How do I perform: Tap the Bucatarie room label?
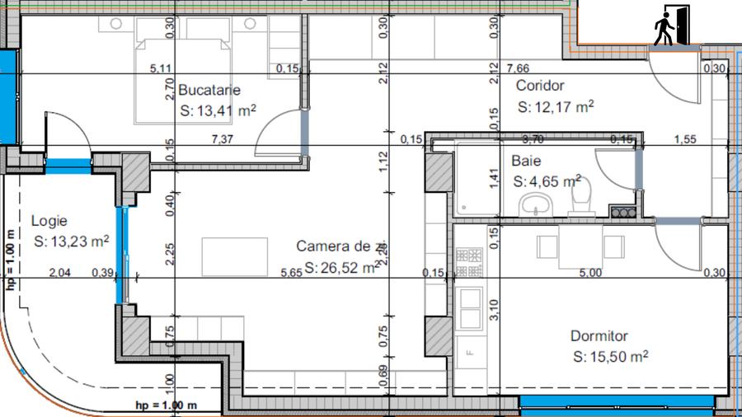pyautogui.click(x=209, y=90)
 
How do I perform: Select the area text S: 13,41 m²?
pyautogui.click(x=217, y=111)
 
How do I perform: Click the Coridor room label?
pyautogui.click(x=540, y=86)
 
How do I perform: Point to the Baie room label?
pyautogui.click(x=526, y=161)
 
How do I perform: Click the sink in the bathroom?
pyautogui.click(x=537, y=204)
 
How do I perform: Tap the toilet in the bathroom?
pyautogui.click(x=583, y=199)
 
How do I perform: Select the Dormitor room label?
pyautogui.click(x=599, y=336)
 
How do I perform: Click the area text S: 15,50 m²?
pyautogui.click(x=610, y=357)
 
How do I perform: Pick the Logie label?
pyautogui.click(x=49, y=221)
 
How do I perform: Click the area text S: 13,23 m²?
pyautogui.click(x=73, y=241)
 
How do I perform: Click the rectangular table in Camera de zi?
pyautogui.click(x=235, y=257)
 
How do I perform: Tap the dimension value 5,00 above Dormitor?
pyautogui.click(x=590, y=273)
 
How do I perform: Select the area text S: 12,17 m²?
pyautogui.click(x=556, y=107)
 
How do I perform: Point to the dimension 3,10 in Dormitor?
pyautogui.click(x=494, y=310)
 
